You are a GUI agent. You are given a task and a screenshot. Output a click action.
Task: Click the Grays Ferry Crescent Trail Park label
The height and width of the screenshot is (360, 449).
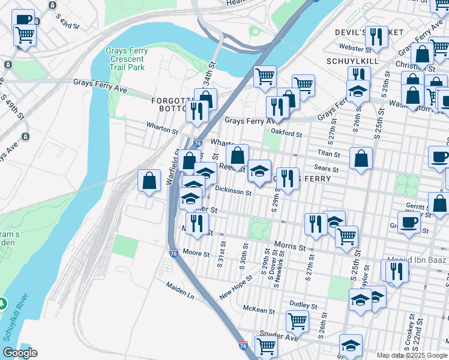(125, 59)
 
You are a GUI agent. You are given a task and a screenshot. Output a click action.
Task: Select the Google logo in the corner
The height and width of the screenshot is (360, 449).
(20, 353)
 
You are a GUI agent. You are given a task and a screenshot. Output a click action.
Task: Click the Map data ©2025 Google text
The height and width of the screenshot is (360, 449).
(412, 355)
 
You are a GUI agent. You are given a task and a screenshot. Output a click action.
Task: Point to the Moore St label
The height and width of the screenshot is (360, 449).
(196, 254)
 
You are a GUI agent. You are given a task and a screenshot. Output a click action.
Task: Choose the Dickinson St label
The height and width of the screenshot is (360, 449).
(233, 191)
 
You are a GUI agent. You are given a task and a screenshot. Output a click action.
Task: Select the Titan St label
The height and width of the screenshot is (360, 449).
(330, 154)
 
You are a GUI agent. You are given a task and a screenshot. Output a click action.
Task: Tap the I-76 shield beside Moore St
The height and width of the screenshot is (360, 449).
(173, 254)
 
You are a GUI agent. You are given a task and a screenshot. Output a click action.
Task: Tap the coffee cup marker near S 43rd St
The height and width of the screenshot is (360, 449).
(24, 20)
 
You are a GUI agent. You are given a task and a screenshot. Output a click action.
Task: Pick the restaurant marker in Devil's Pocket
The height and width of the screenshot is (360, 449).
(376, 36)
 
